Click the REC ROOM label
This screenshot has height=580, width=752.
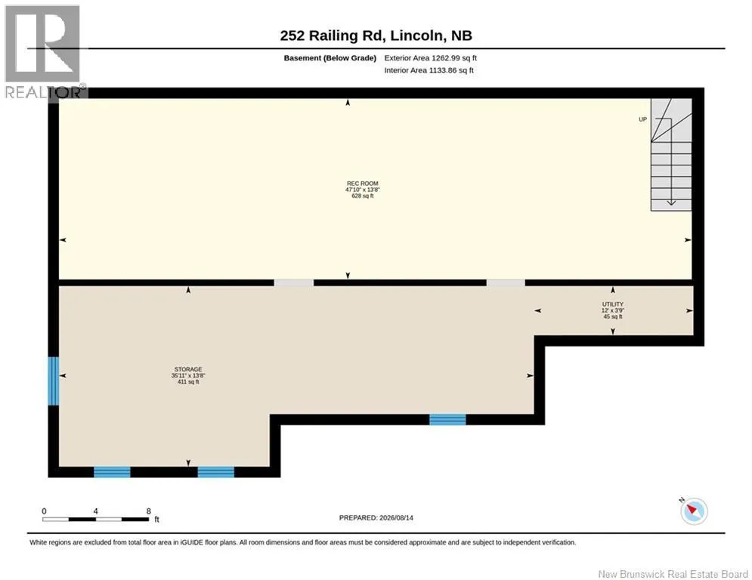(363, 184)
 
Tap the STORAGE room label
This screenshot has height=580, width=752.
(188, 369)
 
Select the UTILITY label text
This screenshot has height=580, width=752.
(613, 304)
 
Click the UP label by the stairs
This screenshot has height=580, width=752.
(642, 119)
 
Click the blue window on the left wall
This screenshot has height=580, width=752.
(53, 381)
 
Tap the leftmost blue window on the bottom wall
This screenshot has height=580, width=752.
(112, 472)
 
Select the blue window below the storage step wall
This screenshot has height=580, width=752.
(447, 420)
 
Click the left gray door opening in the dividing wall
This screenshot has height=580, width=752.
(294, 282)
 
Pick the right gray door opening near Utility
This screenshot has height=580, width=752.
(506, 282)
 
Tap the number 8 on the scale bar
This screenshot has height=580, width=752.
(149, 511)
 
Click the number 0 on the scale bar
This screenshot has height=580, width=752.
(44, 511)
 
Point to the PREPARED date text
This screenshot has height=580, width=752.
(376, 517)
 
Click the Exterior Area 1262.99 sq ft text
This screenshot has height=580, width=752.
(430, 58)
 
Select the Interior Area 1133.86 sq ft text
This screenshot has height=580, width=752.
(429, 70)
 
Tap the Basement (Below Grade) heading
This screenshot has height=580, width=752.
(330, 58)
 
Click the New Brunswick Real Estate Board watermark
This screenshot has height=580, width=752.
(673, 574)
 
